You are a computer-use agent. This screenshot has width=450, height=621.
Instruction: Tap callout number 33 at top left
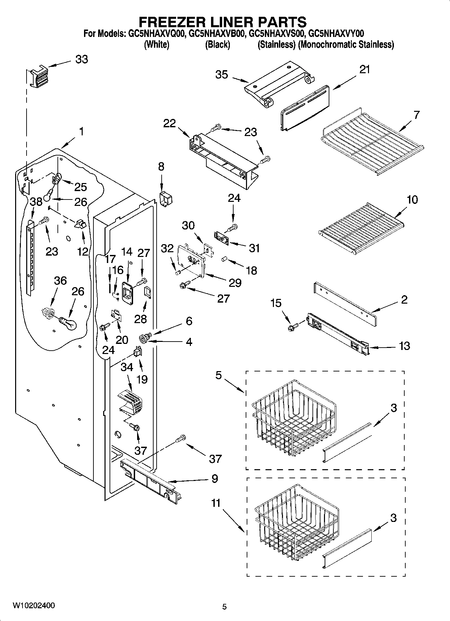point(81,59)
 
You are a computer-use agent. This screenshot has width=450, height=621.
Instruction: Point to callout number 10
point(412,199)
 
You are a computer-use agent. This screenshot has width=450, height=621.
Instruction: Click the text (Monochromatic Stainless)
point(346,45)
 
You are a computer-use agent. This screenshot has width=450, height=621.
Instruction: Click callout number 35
point(222,75)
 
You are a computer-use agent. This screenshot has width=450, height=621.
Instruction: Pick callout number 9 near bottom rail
point(214,478)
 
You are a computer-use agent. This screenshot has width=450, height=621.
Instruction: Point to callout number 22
point(169,123)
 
